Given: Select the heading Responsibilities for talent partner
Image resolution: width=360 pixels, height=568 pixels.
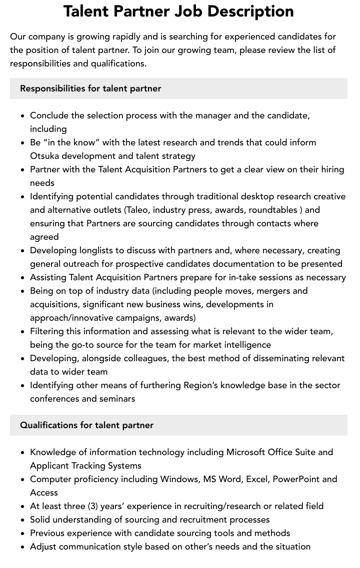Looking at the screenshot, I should [90, 88].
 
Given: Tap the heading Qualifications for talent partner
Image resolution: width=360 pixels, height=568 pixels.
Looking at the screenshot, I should [86, 425].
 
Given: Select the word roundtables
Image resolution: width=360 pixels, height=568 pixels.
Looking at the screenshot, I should [273, 210].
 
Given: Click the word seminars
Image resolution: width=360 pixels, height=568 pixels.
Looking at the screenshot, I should [116, 399].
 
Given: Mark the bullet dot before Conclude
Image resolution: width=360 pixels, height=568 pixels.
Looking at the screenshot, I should [22, 116].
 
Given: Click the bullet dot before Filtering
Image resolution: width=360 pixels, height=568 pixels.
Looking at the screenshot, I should [22, 332].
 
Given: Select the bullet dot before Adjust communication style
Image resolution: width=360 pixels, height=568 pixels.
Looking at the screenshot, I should [22, 547].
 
